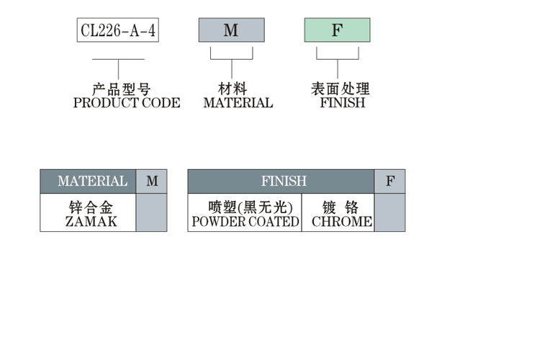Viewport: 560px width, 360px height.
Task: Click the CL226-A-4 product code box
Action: pyautogui.click(x=117, y=30)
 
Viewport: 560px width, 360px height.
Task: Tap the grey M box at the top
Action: pyautogui.click(x=231, y=30)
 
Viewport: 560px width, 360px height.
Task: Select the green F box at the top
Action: pyautogui.click(x=337, y=30)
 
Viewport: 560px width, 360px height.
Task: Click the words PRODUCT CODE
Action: pyautogui.click(x=127, y=103)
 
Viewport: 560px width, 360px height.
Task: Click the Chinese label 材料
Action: pyautogui.click(x=232, y=89)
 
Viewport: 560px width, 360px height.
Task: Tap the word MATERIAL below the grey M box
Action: pyautogui.click(x=238, y=103)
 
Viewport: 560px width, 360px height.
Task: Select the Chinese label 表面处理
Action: pyautogui.click(x=340, y=89)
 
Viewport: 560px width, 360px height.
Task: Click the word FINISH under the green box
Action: pyautogui.click(x=343, y=103)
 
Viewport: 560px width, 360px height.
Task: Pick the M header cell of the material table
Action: pyautogui.click(x=152, y=181)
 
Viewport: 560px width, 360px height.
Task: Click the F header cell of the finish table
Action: pyautogui.click(x=390, y=181)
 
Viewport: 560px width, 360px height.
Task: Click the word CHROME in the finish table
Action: pyautogui.click(x=342, y=222)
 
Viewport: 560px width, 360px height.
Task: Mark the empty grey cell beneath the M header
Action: pyautogui.click(x=152, y=213)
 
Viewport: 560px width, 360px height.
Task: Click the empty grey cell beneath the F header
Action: pyautogui.click(x=390, y=213)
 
